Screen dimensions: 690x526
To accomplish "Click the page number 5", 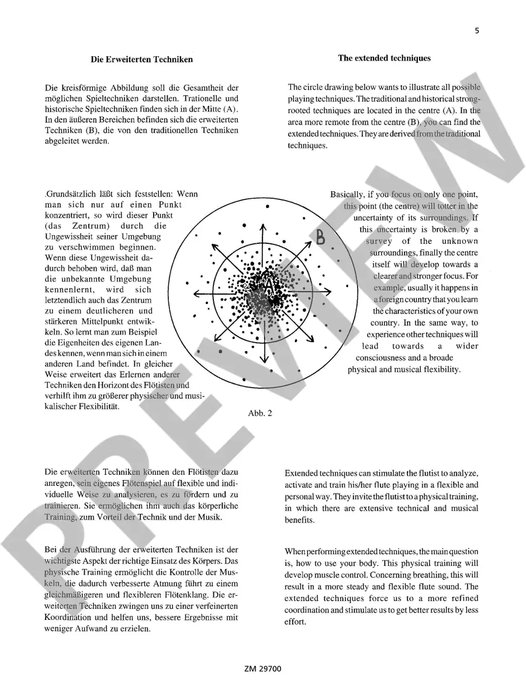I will pyautogui.click(x=477, y=31).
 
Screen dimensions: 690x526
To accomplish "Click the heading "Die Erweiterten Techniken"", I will pyautogui.click(x=141, y=59).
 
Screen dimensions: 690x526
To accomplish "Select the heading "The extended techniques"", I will pyautogui.click(x=384, y=58).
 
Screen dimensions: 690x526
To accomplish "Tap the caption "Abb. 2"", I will pyautogui.click(x=260, y=413).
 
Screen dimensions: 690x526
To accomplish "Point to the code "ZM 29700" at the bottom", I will pyautogui.click(x=263, y=668).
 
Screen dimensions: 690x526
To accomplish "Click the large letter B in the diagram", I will pyautogui.click(x=321, y=237).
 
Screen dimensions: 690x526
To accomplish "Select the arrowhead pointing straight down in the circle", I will pyautogui.click(x=264, y=360).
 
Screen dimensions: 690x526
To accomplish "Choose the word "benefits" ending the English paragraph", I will pyautogui.click(x=299, y=520).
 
